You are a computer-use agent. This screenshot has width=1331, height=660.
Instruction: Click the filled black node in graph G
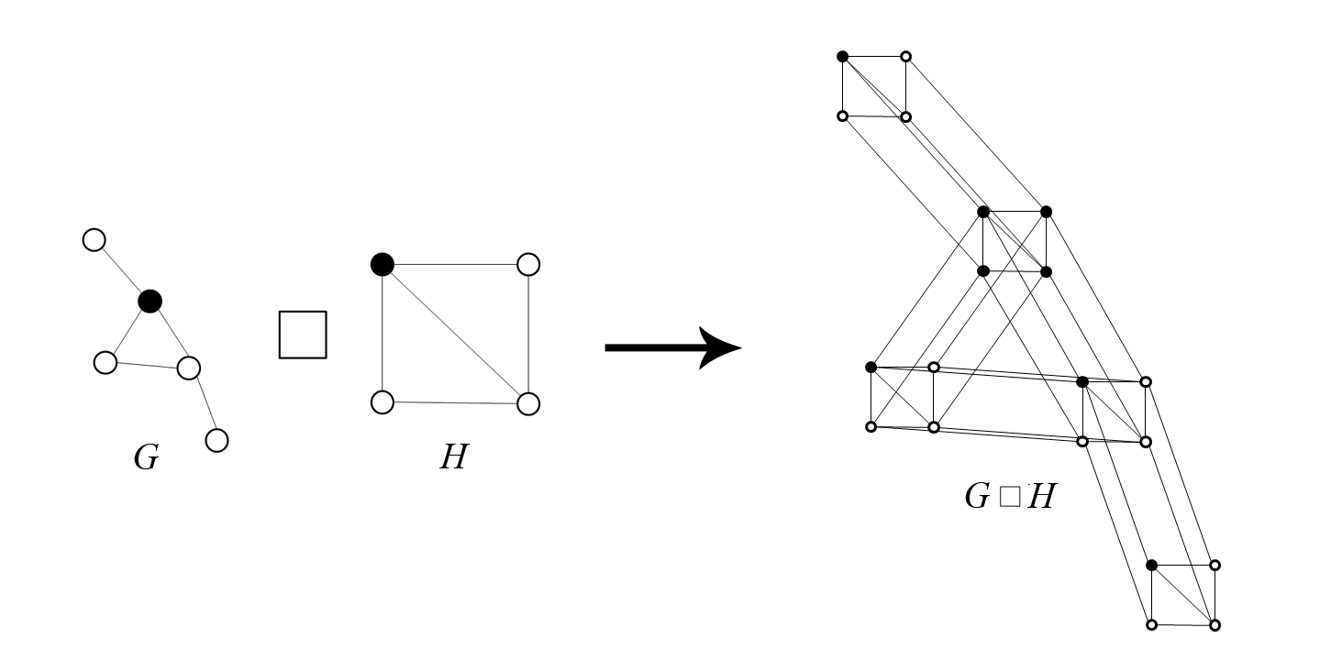(x=150, y=301)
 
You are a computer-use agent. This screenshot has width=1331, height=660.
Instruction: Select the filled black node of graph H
(x=383, y=264)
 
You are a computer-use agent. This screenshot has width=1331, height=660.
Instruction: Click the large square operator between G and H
(x=303, y=334)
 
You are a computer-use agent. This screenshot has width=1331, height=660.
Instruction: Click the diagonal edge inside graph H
(x=455, y=334)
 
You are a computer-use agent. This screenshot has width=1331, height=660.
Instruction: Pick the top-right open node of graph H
(x=528, y=265)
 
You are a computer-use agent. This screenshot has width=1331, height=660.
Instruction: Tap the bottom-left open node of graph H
(x=383, y=401)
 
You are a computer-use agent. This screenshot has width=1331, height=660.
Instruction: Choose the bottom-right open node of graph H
(x=528, y=403)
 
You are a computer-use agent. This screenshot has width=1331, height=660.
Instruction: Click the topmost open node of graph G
(x=94, y=240)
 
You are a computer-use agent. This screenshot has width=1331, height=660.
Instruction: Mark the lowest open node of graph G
(x=216, y=440)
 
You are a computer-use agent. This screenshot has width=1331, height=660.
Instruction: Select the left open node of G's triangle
(x=105, y=362)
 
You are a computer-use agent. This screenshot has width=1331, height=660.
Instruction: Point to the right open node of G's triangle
(x=188, y=368)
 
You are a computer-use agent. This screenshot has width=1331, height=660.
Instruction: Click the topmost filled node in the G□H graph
(x=843, y=56)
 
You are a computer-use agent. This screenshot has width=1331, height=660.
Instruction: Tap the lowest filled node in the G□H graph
(x=1152, y=565)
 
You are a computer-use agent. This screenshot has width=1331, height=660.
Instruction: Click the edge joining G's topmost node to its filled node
(x=121, y=270)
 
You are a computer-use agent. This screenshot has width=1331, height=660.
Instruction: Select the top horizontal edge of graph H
(x=455, y=264)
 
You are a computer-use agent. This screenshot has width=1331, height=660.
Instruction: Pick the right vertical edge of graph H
(x=528, y=334)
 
